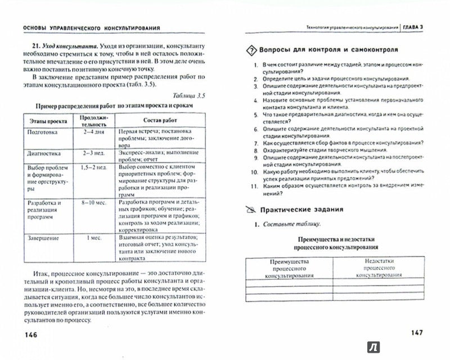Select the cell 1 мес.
tap(93, 238)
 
